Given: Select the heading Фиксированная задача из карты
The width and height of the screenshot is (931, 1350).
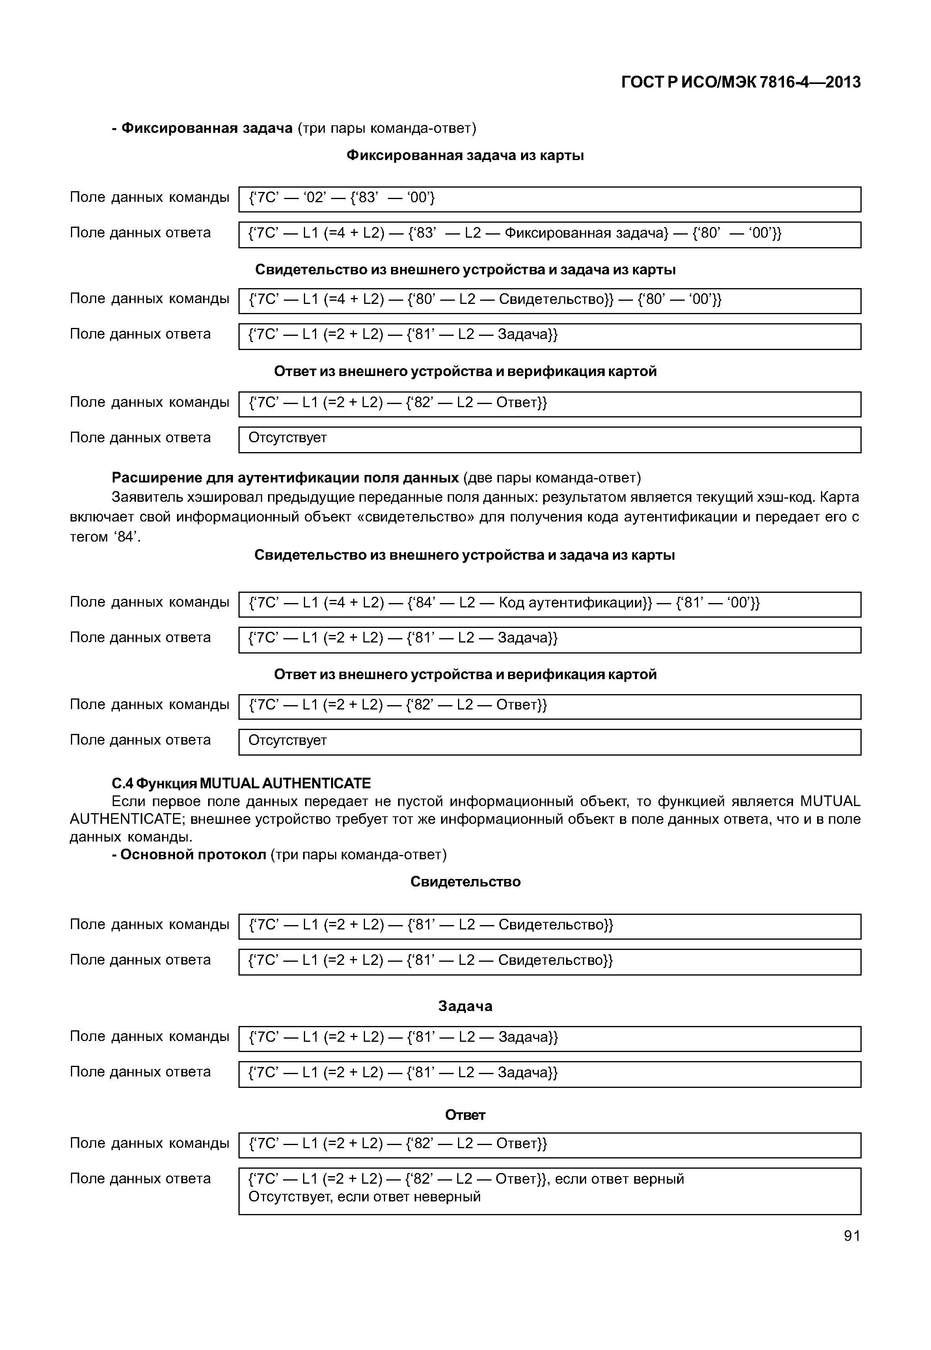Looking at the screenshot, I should [465, 155].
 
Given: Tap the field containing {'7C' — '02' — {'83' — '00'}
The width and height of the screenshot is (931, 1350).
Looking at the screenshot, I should [549, 199].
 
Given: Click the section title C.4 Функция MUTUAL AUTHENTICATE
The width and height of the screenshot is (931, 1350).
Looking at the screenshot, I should [241, 783].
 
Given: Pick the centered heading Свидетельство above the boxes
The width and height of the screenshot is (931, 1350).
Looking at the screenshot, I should [465, 881].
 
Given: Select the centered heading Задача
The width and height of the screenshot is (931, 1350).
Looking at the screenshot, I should [465, 1006].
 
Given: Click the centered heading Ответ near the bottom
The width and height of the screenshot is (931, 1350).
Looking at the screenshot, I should [465, 1115].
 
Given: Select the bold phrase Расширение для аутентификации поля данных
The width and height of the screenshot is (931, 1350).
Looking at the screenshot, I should [285, 478].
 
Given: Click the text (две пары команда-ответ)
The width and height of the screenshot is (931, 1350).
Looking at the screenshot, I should [552, 478].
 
